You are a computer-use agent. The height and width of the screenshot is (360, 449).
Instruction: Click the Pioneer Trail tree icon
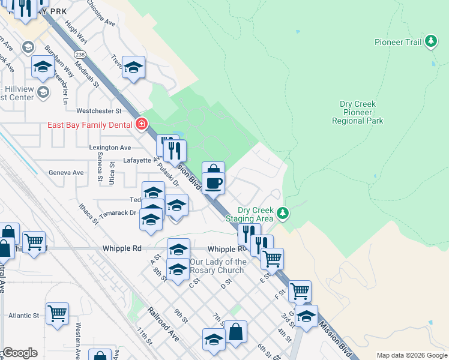430,41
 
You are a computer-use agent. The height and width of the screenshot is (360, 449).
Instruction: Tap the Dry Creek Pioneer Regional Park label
358,112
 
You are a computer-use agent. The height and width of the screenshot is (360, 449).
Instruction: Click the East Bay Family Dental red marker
142,125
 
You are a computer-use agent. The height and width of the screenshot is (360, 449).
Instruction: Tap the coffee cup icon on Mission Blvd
213,182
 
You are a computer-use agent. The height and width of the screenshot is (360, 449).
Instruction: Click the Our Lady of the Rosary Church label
217,266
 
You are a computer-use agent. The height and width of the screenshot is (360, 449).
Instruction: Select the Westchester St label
99,111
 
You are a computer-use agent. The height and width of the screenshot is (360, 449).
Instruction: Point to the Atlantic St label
23,315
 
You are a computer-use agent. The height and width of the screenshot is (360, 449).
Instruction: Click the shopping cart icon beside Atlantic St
57,313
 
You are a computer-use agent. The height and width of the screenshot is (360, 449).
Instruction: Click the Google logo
20,353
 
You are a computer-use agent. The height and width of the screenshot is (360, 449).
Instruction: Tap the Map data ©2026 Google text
412,355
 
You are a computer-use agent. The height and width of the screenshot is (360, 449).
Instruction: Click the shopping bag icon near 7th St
237,333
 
